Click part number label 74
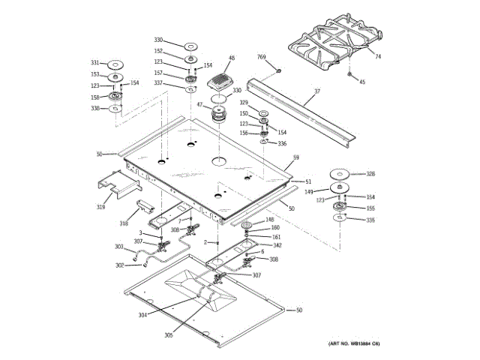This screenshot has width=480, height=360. click(x=377, y=57)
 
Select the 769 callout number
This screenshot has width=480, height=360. click(x=262, y=57)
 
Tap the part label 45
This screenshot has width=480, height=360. click(x=362, y=82)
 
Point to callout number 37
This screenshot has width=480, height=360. click(x=316, y=91)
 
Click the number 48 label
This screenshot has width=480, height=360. click(x=231, y=58)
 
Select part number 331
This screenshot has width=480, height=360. click(x=94, y=62)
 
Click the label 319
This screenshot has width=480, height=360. click(x=100, y=207)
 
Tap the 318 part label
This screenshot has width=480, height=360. click(x=124, y=223)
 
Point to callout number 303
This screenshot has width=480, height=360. click(x=118, y=247)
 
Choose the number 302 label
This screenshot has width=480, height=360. click(x=118, y=265)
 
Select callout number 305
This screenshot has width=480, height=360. click(x=169, y=335)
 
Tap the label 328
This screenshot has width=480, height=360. click(x=370, y=174)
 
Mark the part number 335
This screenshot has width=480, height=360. click(x=370, y=220)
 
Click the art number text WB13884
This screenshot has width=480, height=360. click(x=354, y=343)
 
